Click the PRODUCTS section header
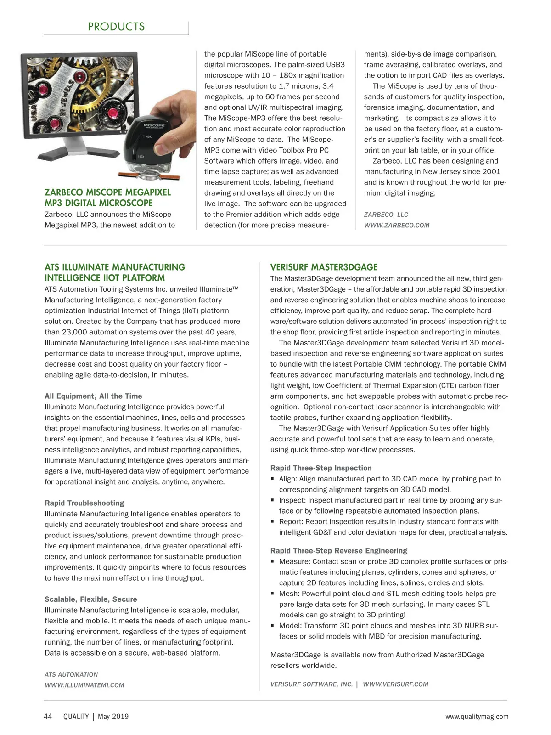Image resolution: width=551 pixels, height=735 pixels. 116,27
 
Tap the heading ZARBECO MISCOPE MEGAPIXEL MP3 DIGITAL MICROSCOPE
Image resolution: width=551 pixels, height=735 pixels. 107,198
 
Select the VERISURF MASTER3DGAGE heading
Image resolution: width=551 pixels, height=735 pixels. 324,267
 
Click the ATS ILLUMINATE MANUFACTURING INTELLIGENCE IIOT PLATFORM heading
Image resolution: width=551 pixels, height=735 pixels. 115,272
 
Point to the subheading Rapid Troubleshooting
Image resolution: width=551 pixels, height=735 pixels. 84,503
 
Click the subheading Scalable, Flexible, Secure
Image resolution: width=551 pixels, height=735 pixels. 91,599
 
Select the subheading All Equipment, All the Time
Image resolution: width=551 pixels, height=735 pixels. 93,396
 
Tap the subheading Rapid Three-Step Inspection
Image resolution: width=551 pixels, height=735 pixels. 321,468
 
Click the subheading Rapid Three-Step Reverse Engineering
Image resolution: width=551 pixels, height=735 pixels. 339,551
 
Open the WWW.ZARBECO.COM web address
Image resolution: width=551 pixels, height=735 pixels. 397,225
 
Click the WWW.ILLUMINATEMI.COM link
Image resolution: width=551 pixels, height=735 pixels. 84,685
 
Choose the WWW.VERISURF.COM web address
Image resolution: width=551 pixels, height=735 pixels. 395,684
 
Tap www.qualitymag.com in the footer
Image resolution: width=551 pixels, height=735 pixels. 477,717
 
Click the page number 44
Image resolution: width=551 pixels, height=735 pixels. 48,717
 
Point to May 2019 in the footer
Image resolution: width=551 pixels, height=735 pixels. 113,717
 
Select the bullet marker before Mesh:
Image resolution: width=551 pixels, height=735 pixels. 273,594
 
